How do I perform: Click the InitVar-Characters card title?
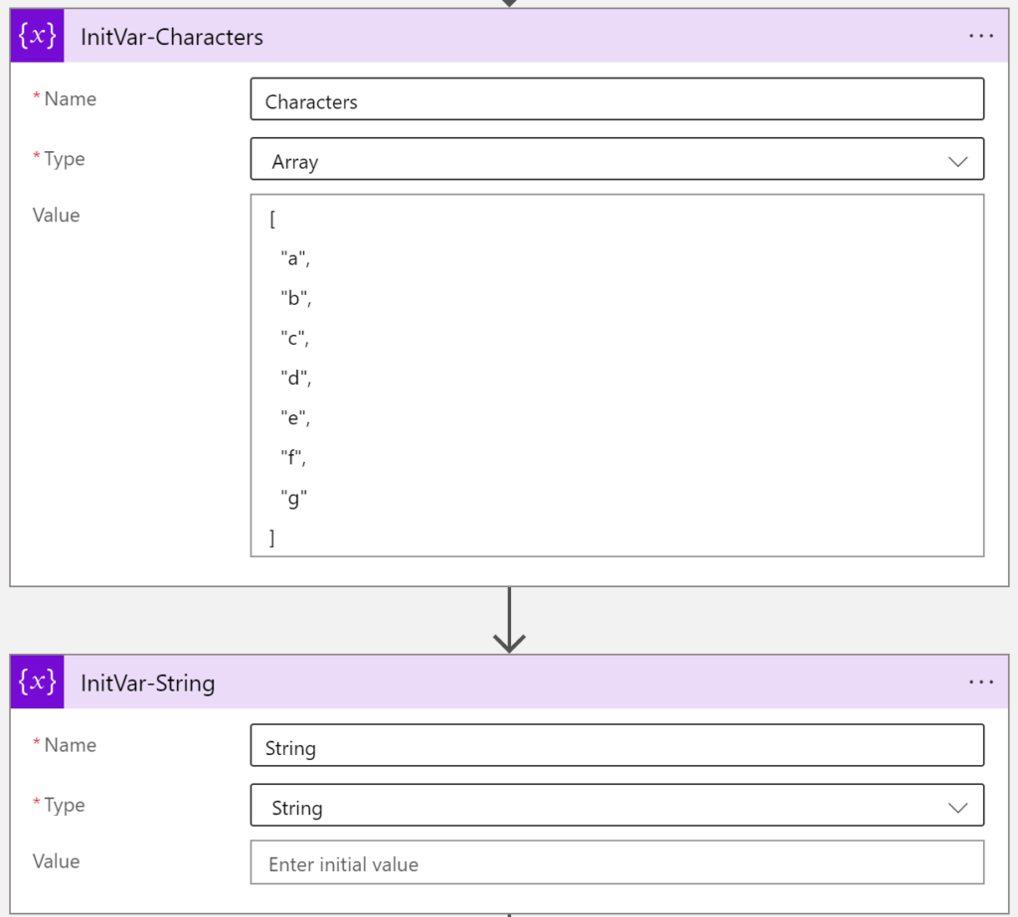[x=172, y=37]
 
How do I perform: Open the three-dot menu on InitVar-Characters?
[x=980, y=36]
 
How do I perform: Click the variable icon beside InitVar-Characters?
[x=37, y=36]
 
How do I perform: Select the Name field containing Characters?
[x=616, y=99]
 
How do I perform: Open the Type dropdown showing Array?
[x=616, y=159]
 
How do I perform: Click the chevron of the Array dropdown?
[x=957, y=161]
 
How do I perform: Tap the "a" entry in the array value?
[x=295, y=258]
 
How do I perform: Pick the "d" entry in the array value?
[x=296, y=378]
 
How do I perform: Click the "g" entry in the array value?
[x=293, y=499]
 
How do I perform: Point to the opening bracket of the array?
[x=272, y=220]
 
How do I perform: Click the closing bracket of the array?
[x=272, y=537]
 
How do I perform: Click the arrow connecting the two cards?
[x=509, y=620]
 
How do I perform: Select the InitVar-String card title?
[x=147, y=684]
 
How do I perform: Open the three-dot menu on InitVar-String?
[x=980, y=683]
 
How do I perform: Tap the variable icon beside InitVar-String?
[x=37, y=682]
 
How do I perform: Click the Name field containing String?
[x=616, y=746]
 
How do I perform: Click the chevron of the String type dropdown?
[x=957, y=808]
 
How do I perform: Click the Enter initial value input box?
[x=616, y=862]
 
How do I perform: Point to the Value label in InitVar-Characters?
[x=56, y=215]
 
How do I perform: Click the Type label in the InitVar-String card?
[x=65, y=806]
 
